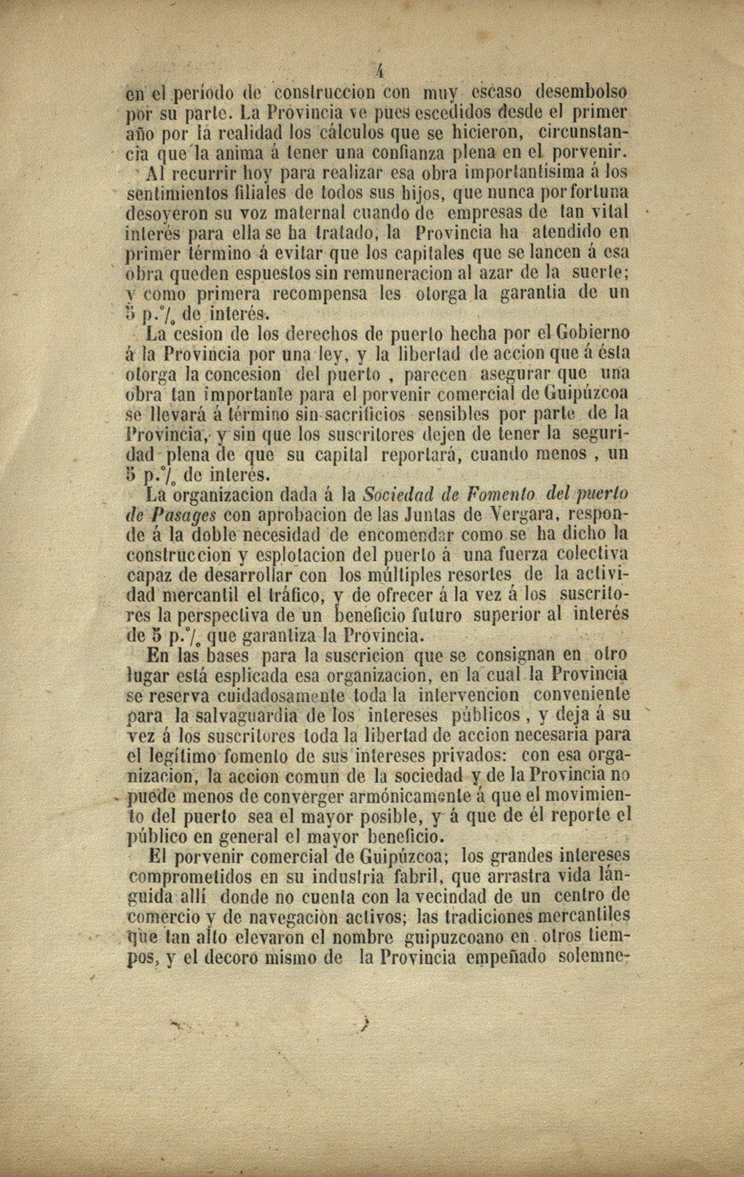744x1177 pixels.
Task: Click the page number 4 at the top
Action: (380, 70)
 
